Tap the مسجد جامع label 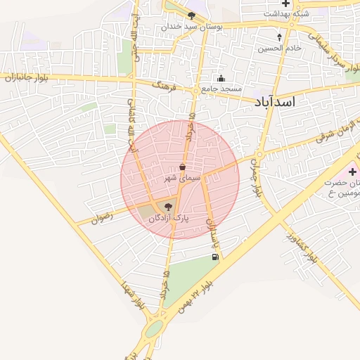coord(221,89)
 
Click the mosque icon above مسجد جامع coord(221,78)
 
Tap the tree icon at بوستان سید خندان coord(191,15)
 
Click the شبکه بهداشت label coord(285,14)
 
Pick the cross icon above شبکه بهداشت coord(285,4)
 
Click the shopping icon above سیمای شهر coord(183,167)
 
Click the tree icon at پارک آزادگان coord(167,207)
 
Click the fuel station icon coord(214,257)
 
